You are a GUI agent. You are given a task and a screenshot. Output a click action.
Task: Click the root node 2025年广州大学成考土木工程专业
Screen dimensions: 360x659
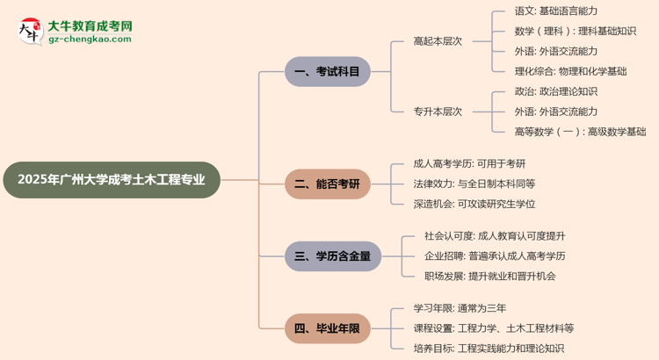[112, 180]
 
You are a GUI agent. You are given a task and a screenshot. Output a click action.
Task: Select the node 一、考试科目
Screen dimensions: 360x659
[327, 71]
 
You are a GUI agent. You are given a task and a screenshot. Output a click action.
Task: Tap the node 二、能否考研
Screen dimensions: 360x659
[327, 184]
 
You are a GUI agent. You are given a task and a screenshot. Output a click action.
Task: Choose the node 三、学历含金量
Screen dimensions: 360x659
[333, 256]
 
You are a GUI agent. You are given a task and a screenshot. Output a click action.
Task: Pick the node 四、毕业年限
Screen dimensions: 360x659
[327, 328]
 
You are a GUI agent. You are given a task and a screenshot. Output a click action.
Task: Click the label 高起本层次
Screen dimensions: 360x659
[438, 41]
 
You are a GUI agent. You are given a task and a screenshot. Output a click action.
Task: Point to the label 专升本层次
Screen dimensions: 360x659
[438, 112]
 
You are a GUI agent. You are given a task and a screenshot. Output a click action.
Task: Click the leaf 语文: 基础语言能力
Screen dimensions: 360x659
[555, 11]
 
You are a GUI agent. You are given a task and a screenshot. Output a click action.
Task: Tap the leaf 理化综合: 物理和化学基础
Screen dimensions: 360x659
[570, 71]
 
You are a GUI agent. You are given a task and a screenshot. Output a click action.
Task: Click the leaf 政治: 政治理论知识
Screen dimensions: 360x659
[555, 91]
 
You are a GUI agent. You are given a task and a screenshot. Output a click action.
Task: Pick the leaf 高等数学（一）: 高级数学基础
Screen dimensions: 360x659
[580, 132]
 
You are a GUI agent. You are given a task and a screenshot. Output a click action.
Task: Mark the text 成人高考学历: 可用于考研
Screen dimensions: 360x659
[469, 163]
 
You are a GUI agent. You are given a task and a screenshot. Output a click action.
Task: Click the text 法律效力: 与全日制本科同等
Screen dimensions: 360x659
[474, 184]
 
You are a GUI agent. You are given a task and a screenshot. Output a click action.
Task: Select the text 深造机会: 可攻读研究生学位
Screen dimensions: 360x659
[474, 204]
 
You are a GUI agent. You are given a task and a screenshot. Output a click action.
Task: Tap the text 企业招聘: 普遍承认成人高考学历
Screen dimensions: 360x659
[495, 256]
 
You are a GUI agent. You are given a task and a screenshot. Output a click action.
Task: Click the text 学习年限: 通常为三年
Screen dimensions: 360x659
[460, 308]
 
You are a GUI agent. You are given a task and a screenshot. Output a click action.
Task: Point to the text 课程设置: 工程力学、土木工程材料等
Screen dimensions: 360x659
[493, 328]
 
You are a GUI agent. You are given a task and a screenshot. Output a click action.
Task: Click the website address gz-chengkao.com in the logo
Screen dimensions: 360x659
[91, 40]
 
